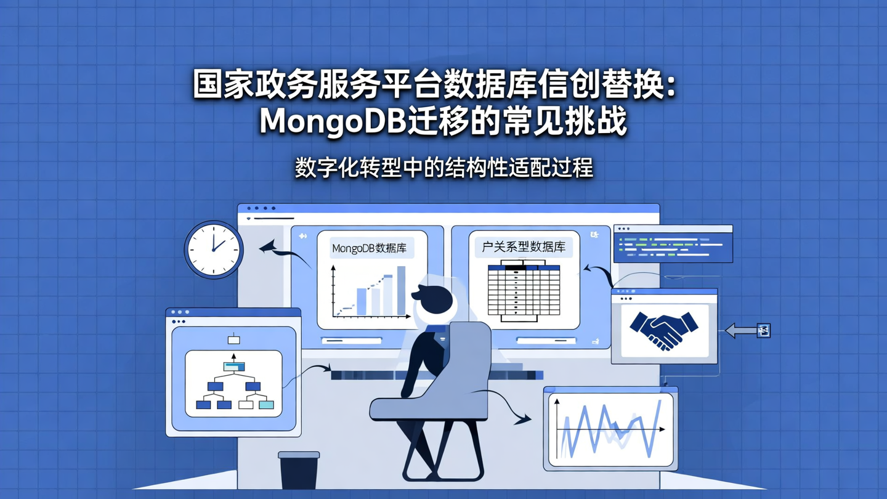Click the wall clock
coord(214,250)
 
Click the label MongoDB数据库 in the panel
coord(369,249)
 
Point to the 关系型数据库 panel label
coord(524,248)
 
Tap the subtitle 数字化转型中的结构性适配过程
coord(443,168)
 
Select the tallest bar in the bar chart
coord(401,290)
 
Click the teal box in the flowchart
coord(266,405)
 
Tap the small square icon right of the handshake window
coord(764,331)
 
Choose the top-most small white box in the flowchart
coord(233,339)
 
